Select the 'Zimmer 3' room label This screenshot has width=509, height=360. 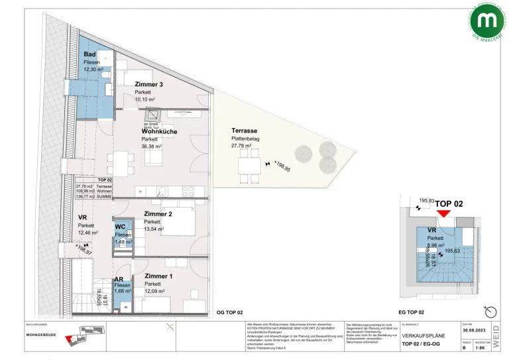[x=148, y=84]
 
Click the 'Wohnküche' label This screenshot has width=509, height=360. [x=158, y=131]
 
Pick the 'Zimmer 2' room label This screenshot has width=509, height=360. [x=158, y=213]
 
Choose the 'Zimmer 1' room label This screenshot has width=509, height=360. [x=159, y=275]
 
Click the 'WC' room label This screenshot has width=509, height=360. [x=121, y=227]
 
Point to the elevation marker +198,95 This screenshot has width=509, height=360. [x=281, y=161]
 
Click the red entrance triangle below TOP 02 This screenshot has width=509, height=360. [x=443, y=213]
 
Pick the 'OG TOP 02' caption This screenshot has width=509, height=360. [x=230, y=312]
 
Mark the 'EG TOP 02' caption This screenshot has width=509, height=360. [x=411, y=312]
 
